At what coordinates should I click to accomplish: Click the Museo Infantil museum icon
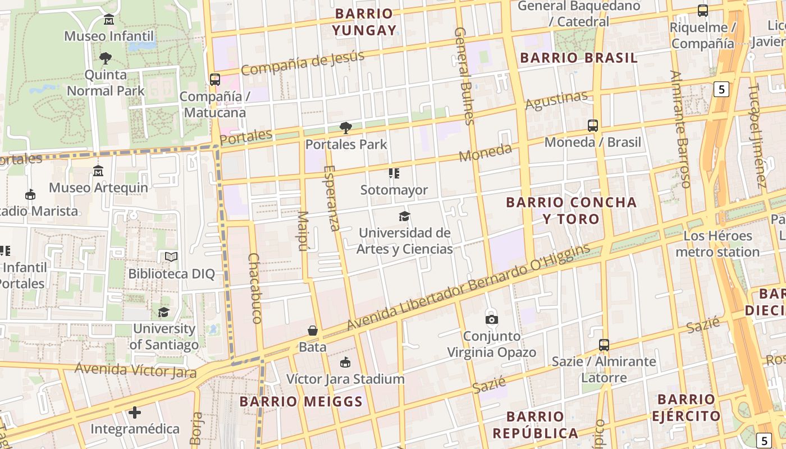click(109, 20)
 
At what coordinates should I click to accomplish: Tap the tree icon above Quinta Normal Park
click(105, 58)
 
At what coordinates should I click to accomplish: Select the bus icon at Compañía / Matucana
click(215, 80)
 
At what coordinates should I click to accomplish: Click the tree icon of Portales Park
click(346, 128)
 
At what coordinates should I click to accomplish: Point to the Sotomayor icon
click(394, 173)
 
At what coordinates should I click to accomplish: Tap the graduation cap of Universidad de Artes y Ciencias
click(404, 216)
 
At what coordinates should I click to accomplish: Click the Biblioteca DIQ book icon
click(171, 257)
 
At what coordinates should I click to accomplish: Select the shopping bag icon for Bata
click(313, 331)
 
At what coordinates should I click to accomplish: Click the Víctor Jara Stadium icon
click(345, 363)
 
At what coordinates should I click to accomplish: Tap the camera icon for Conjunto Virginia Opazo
click(492, 319)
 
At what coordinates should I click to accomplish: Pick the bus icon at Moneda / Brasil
click(593, 126)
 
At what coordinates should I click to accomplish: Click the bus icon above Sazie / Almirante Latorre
click(604, 345)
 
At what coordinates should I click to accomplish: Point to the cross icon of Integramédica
click(135, 413)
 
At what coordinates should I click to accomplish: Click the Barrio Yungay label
click(364, 22)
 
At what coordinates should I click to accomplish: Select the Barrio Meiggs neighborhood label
click(301, 401)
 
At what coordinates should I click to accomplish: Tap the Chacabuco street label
click(254, 288)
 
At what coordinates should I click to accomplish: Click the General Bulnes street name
click(465, 76)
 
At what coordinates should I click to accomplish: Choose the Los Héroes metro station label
click(718, 244)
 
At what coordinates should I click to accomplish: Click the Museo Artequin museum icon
click(98, 171)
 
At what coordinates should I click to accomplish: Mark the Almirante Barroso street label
click(680, 129)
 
